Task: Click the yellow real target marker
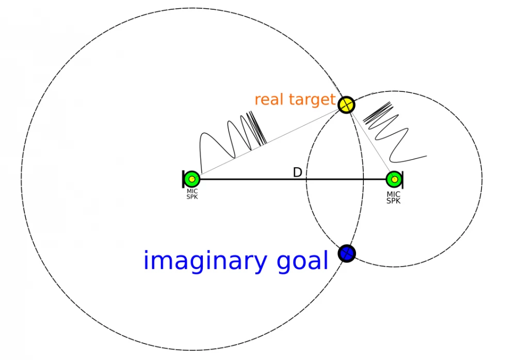click(347, 105)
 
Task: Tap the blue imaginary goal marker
click(347, 253)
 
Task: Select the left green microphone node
click(192, 179)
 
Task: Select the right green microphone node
click(394, 179)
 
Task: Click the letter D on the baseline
click(297, 173)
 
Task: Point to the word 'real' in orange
click(269, 99)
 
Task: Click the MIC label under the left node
click(192, 191)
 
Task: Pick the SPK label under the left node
click(192, 197)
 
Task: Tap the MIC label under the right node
click(394, 194)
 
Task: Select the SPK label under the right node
click(394, 200)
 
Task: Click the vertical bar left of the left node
click(184, 179)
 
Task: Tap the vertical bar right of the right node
click(402, 179)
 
